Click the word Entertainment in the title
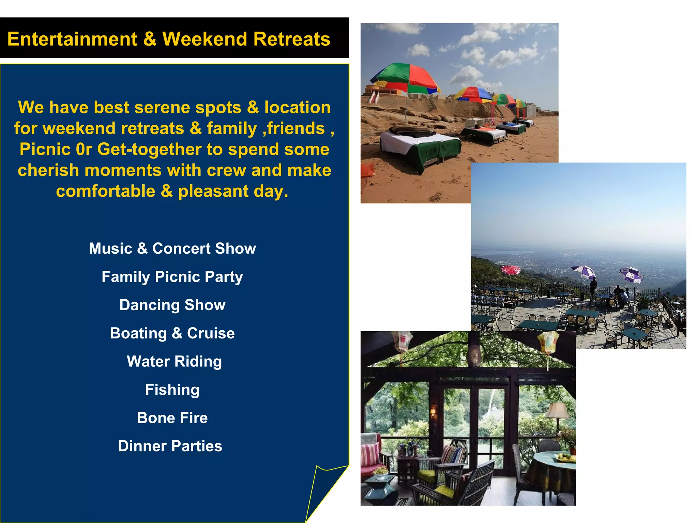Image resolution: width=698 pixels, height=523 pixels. (72, 39)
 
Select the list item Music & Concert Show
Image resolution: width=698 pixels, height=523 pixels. (172, 249)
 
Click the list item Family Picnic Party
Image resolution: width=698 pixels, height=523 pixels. (172, 277)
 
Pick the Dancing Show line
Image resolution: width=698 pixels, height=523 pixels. (172, 305)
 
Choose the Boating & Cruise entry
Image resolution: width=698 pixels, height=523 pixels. (172, 333)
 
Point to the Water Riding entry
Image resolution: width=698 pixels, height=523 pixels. (174, 362)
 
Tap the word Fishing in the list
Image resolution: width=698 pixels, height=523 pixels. (172, 390)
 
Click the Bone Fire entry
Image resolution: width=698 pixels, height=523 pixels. (172, 418)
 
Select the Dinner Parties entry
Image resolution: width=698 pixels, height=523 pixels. (170, 446)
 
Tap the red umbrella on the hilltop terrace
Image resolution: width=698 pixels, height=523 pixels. (511, 270)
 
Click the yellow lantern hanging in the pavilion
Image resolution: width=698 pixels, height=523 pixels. (548, 342)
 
